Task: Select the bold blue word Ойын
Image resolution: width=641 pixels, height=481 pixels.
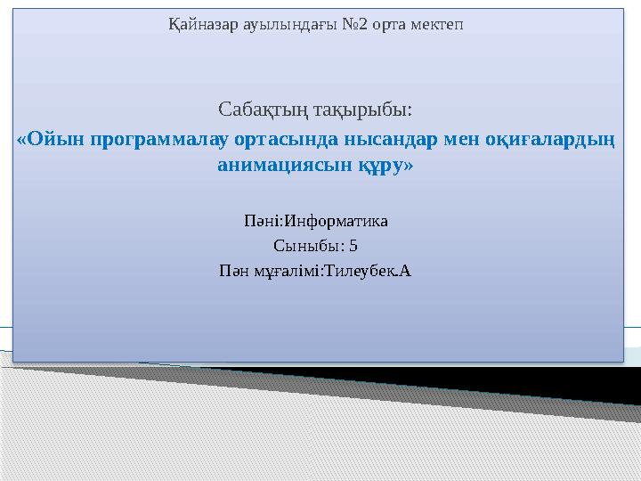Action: click(x=56, y=139)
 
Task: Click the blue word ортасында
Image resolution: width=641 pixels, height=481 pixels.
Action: click(x=286, y=139)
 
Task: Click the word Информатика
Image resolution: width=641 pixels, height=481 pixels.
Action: click(x=336, y=221)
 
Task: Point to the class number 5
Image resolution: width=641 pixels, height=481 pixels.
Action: click(x=353, y=246)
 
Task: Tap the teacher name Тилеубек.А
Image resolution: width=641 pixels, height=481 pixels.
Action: click(x=367, y=271)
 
